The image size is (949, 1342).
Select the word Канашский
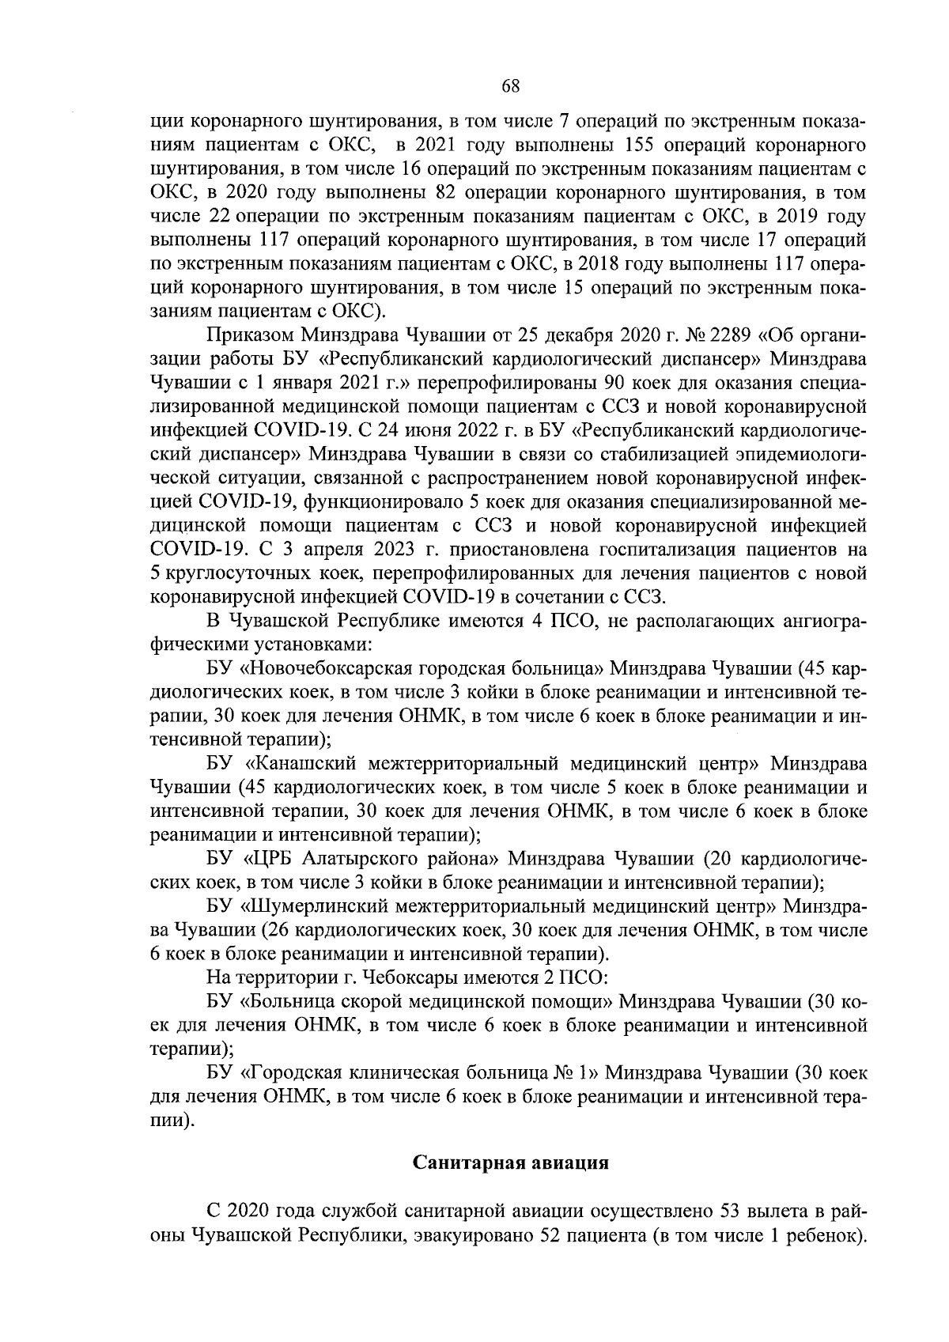(x=301, y=764)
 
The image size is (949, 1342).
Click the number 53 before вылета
(x=728, y=1212)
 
